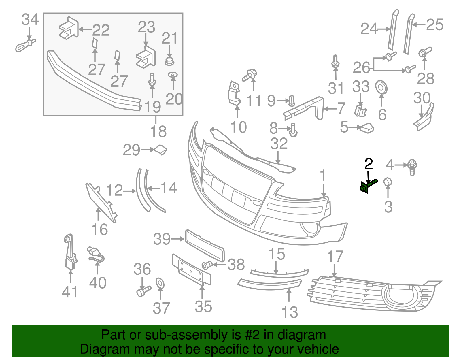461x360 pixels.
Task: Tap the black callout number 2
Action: (x=369, y=164)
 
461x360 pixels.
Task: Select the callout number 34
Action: (x=30, y=19)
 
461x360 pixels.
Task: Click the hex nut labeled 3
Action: (x=388, y=182)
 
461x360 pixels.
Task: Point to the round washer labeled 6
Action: (x=381, y=87)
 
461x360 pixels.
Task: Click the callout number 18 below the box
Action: (x=158, y=131)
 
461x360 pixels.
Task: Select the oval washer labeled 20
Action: (x=173, y=75)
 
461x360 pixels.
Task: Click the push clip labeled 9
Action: (x=292, y=101)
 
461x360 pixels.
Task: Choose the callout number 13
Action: (x=290, y=312)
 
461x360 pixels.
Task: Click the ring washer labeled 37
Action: (x=160, y=284)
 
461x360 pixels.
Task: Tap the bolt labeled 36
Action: (x=143, y=291)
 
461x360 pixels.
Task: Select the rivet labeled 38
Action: (x=207, y=265)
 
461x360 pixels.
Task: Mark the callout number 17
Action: (x=335, y=257)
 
